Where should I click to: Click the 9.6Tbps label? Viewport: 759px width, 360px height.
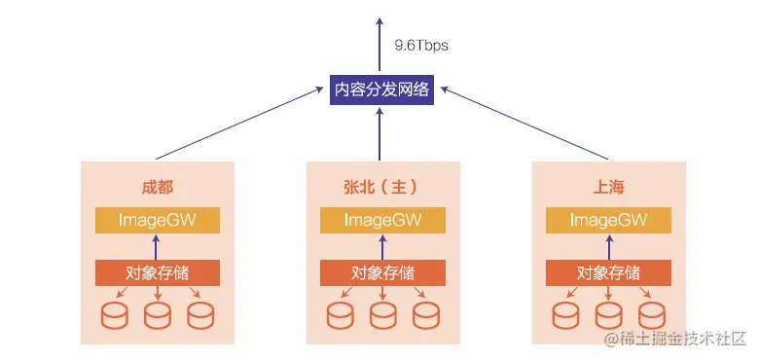click(x=421, y=45)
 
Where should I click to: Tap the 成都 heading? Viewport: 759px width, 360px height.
click(x=158, y=186)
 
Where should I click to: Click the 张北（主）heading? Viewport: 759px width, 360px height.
click(x=380, y=186)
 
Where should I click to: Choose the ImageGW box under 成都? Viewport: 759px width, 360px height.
click(x=158, y=220)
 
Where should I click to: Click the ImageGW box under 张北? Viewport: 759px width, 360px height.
click(x=381, y=220)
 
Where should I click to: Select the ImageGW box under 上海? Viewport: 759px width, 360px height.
click(x=608, y=220)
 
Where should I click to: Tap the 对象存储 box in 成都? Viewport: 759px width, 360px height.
click(x=158, y=271)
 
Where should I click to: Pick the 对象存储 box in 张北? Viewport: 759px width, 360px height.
click(x=381, y=271)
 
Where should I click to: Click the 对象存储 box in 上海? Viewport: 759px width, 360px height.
click(x=608, y=271)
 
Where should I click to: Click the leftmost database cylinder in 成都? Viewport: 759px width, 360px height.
click(x=116, y=315)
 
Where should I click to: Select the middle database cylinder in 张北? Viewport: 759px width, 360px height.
click(x=381, y=315)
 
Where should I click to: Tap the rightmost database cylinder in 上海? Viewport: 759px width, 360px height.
click(x=651, y=315)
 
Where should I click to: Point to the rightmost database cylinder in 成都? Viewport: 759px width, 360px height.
click(x=200, y=315)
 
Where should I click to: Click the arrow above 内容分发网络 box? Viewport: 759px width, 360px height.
click(x=380, y=44)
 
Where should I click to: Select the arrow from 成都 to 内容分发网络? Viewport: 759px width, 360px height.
click(x=238, y=124)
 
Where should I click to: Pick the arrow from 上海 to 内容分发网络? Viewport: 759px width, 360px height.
click(x=525, y=124)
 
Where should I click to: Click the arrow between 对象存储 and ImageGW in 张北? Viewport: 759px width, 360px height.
click(x=381, y=246)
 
